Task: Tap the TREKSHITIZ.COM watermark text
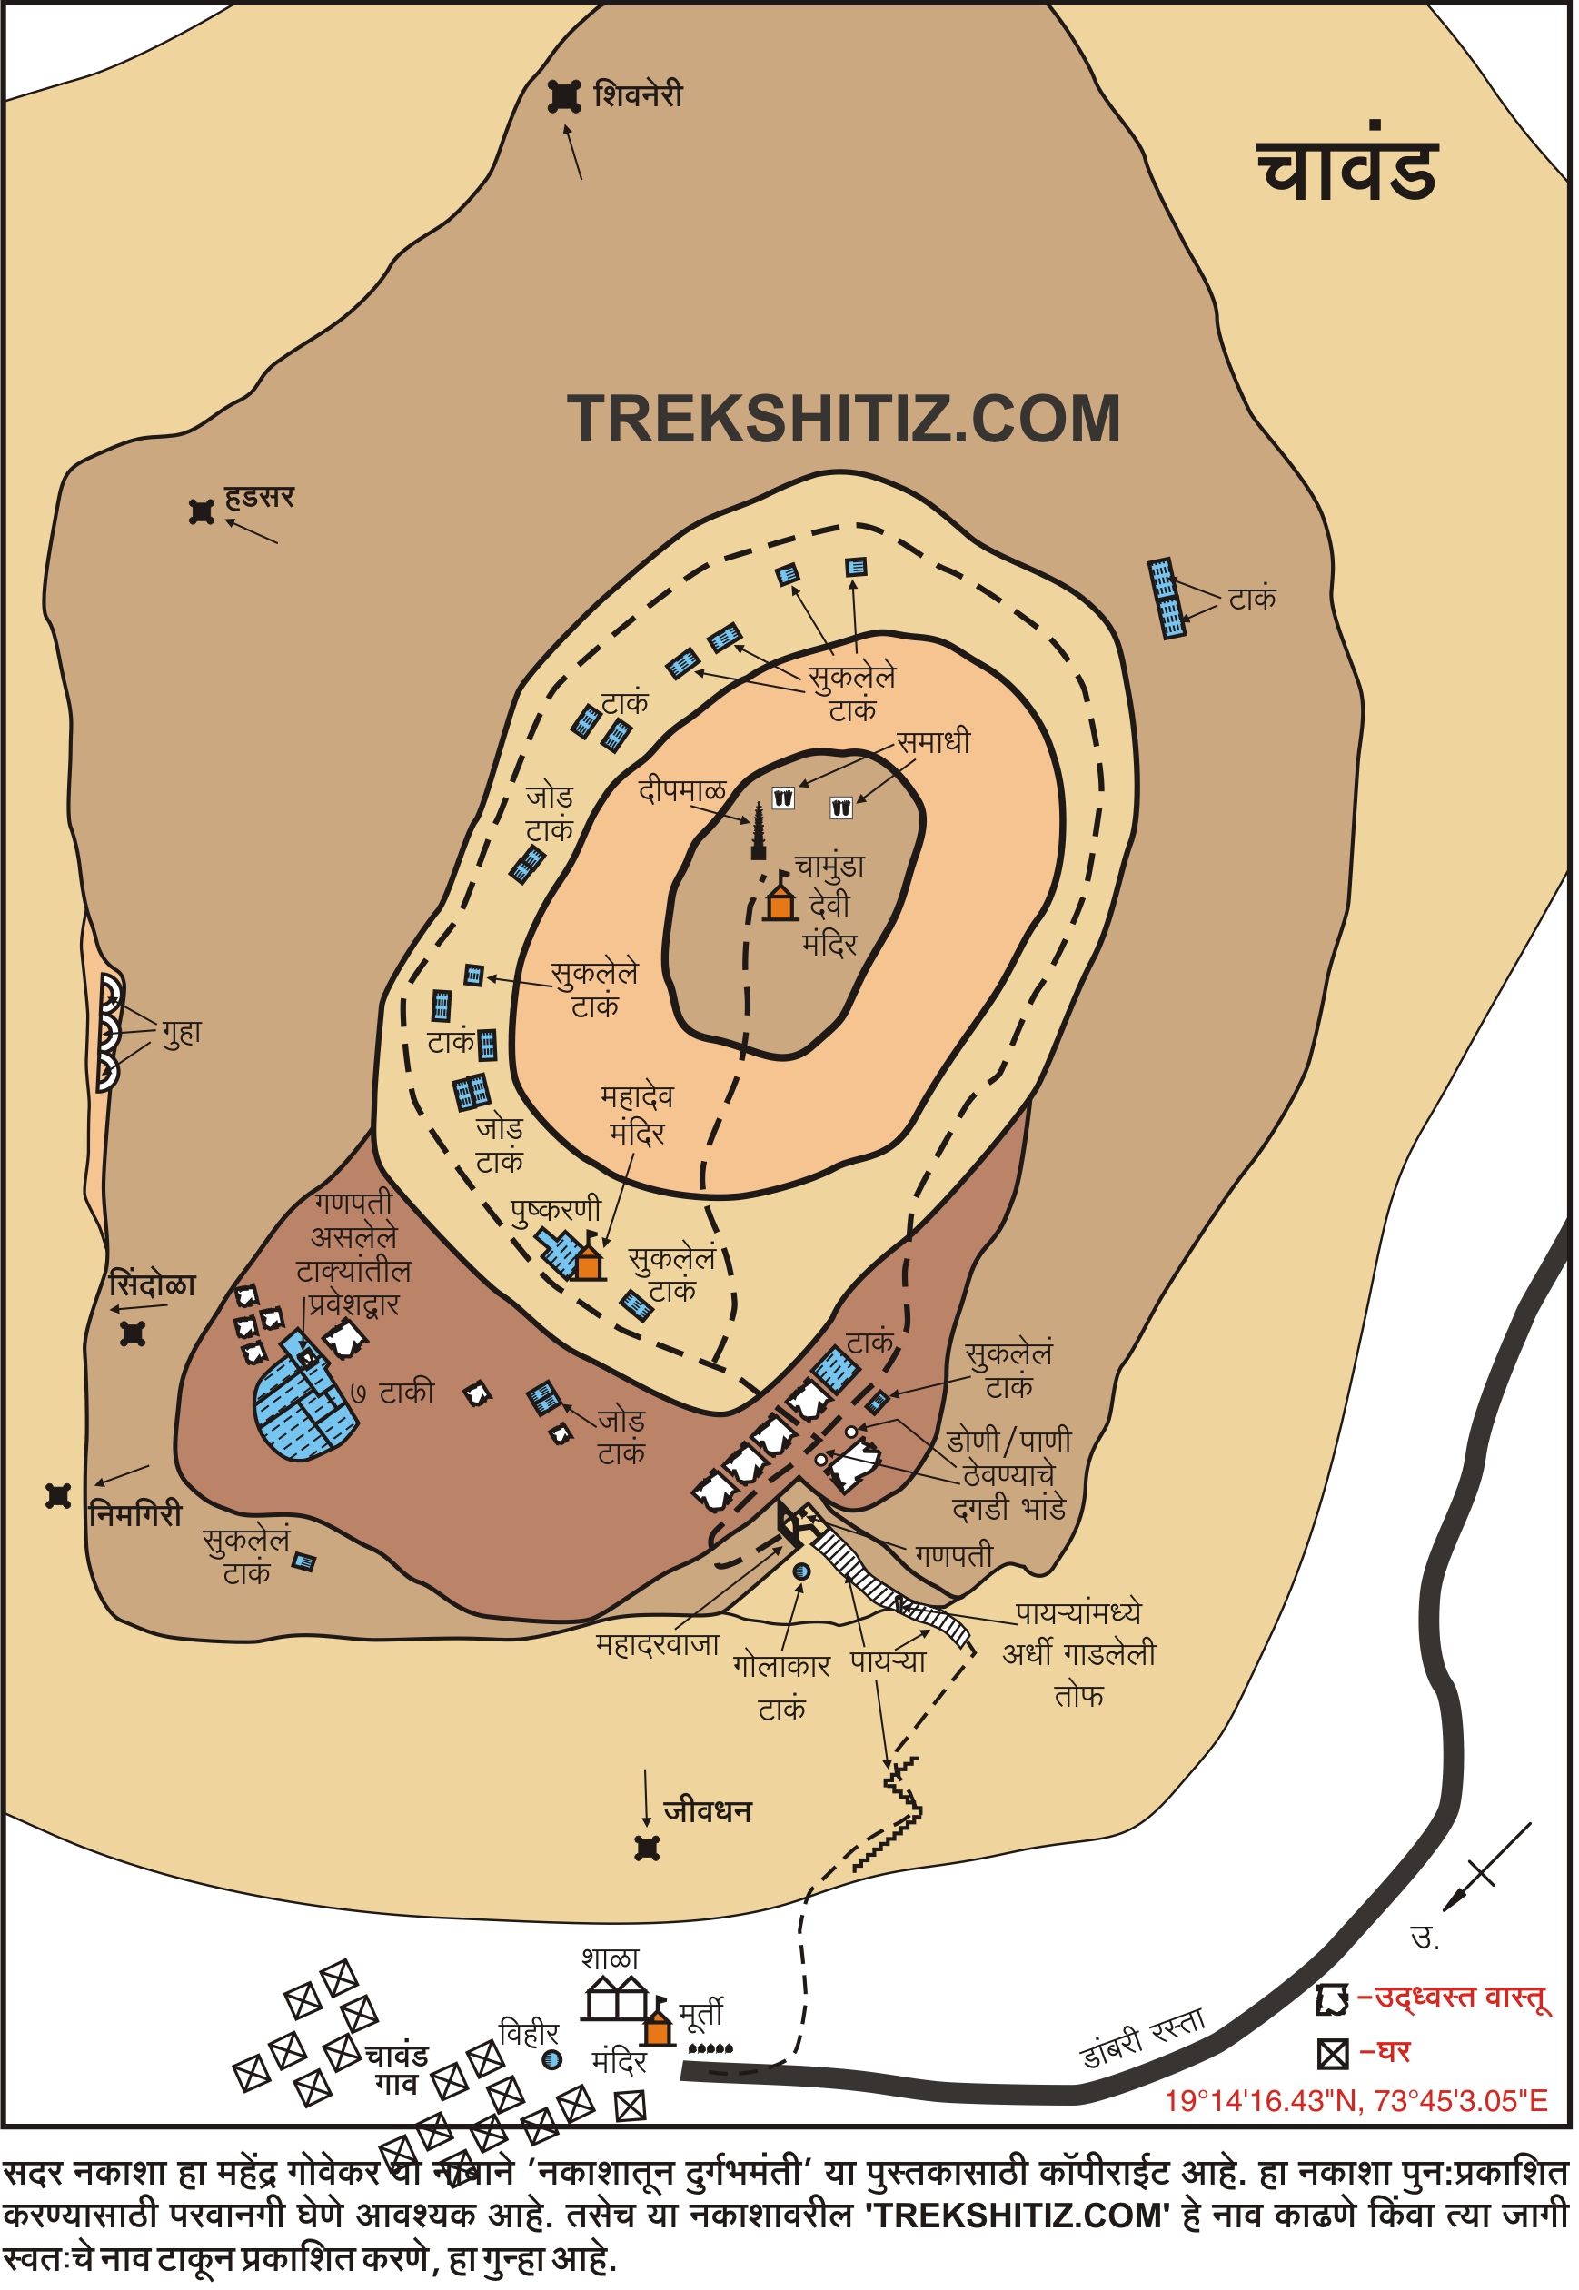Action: tap(844, 420)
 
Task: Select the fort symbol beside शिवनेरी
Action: tap(564, 96)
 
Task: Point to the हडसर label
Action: tap(258, 498)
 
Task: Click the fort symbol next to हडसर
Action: tap(202, 512)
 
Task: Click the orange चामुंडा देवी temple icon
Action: tap(780, 901)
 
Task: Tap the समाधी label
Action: tap(933, 742)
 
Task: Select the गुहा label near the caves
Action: tap(182, 1033)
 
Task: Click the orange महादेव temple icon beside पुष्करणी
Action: tap(590, 1263)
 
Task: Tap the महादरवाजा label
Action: tap(657, 1645)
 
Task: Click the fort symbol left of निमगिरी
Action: tap(58, 1496)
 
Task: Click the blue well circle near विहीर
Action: tap(552, 2059)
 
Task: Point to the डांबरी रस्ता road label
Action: tap(1143, 2037)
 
